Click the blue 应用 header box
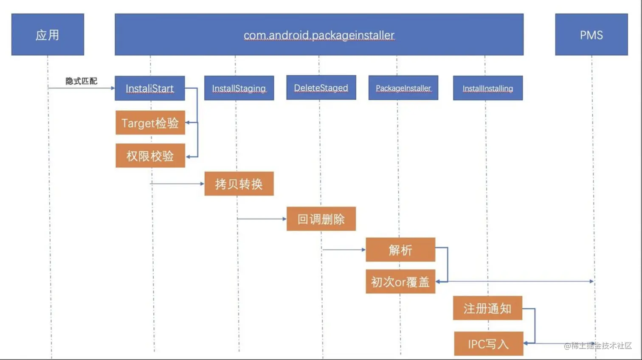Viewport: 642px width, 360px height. tap(48, 34)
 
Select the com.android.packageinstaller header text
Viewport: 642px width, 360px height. tap(319, 35)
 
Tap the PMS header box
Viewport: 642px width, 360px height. tap(591, 34)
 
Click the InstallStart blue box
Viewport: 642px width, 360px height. tap(149, 88)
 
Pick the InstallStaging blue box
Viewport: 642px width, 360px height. tap(239, 88)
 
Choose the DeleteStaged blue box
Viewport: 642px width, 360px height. tap(321, 88)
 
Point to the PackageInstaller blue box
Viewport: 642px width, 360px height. tap(403, 88)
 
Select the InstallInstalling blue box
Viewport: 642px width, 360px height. tap(487, 88)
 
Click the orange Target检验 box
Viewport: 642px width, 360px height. tap(150, 123)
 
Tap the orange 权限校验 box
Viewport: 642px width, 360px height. tap(150, 156)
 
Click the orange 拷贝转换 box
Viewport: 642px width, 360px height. tap(239, 184)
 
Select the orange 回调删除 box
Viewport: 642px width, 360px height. tap(321, 219)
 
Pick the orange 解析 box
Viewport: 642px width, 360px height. tap(400, 250)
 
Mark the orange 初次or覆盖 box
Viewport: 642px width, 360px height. tap(400, 281)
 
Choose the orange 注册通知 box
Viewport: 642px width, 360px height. tap(487, 308)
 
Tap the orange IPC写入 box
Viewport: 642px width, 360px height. tap(488, 343)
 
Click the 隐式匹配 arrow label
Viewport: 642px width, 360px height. tap(81, 81)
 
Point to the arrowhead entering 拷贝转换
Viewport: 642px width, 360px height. tap(202, 184)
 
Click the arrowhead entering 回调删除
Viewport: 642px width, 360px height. tap(284, 219)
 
